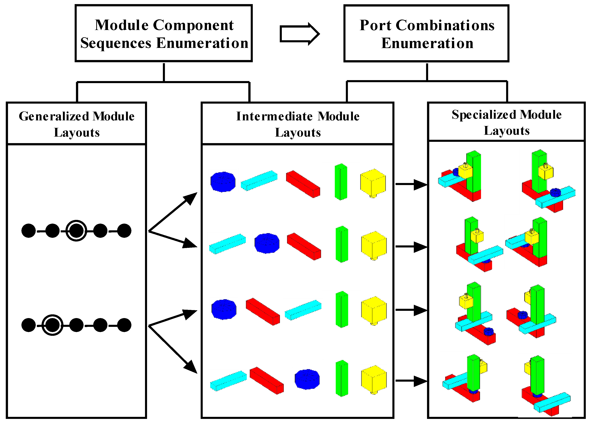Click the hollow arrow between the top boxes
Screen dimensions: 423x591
point(299,34)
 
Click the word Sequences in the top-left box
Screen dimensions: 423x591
point(116,43)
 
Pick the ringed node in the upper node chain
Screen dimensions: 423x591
point(76,231)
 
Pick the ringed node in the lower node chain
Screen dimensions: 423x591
point(52,325)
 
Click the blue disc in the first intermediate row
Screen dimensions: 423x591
point(223,182)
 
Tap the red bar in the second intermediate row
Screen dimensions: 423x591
point(304,246)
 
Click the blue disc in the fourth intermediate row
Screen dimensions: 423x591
point(307,379)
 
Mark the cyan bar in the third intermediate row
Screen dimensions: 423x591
point(303,310)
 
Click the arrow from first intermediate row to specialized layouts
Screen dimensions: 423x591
point(411,184)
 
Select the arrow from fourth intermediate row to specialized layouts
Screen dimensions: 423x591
point(411,381)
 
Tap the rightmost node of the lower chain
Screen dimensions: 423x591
point(124,325)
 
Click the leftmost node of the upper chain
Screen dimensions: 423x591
point(29,231)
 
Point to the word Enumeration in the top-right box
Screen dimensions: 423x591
point(427,43)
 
